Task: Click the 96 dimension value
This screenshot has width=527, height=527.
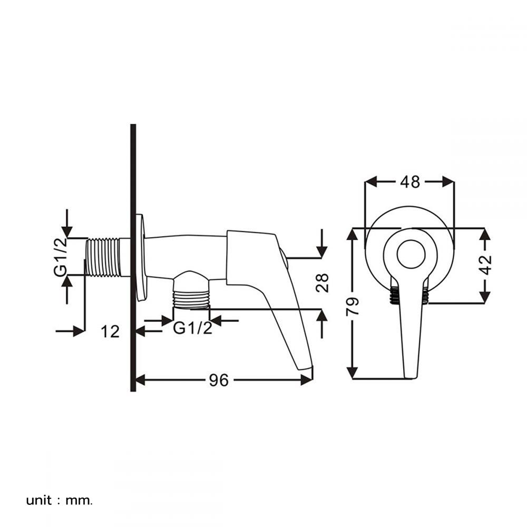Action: click(219, 380)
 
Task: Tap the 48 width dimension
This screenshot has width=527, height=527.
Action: click(410, 182)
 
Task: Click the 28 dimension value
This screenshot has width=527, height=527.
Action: click(323, 283)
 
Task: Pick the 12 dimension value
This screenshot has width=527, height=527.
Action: click(111, 331)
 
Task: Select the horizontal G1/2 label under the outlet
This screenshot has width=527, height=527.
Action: click(193, 328)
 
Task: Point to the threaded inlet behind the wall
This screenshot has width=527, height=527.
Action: click(103, 257)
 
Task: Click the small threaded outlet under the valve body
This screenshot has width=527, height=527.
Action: click(191, 298)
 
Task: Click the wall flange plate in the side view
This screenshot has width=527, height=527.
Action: click(141, 257)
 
